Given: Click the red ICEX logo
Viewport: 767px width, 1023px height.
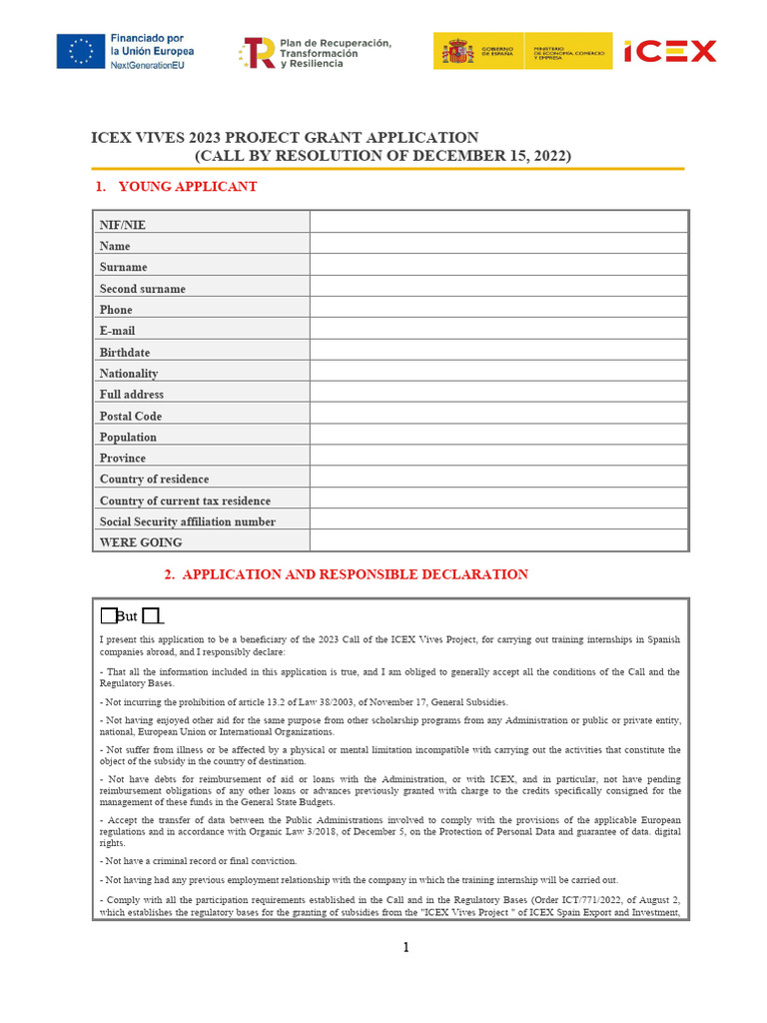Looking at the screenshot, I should (x=670, y=51).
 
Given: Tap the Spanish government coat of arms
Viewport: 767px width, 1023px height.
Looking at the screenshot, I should (x=459, y=51).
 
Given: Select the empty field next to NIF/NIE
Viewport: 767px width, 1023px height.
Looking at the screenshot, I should (x=498, y=222).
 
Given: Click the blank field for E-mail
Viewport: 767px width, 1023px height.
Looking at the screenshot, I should (x=498, y=329).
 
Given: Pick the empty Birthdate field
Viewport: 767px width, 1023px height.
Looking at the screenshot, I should (x=498, y=351).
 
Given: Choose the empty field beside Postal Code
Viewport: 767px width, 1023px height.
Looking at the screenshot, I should (x=498, y=415).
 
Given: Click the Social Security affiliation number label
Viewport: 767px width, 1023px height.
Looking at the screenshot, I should (x=187, y=521).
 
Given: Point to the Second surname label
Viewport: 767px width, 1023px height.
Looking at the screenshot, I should (x=142, y=289).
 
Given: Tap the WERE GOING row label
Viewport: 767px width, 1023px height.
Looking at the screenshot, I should (x=140, y=542).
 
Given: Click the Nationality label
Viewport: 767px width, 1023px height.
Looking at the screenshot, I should (x=128, y=373).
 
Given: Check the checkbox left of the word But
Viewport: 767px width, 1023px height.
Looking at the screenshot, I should (x=109, y=613).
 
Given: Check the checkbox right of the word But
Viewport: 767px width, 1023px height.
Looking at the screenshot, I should (x=151, y=613).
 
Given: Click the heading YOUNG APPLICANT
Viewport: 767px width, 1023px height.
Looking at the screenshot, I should (x=187, y=187).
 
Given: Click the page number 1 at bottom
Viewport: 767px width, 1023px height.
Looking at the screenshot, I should (x=406, y=948).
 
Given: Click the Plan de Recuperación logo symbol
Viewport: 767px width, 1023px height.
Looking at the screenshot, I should (x=258, y=52).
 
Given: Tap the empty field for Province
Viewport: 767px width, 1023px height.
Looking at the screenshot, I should (x=498, y=458).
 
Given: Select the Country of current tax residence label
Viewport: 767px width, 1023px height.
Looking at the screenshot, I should (x=185, y=501).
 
